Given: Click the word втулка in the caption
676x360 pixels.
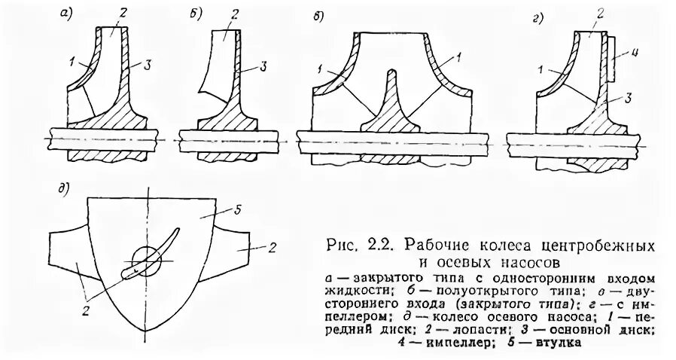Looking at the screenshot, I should coord(560,344).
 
